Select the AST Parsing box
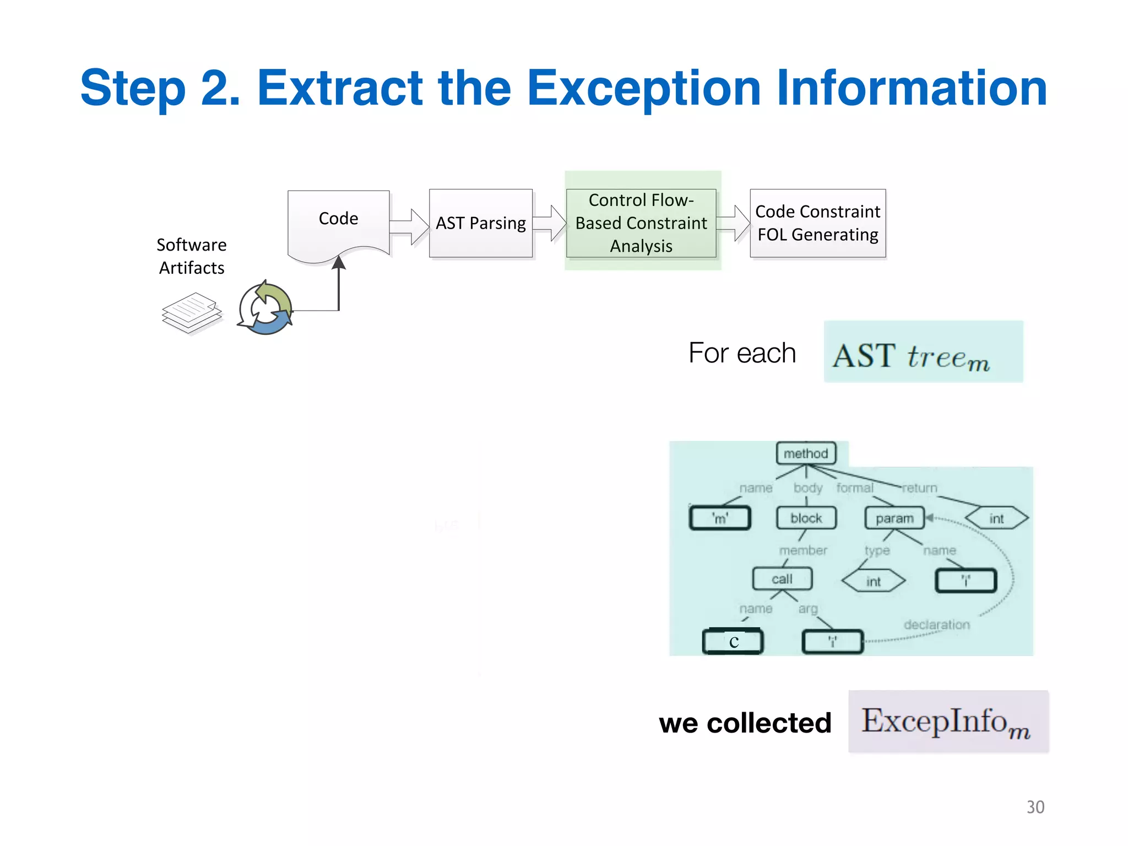click(x=480, y=223)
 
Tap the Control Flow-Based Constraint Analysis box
click(x=641, y=223)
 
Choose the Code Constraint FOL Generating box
click(x=817, y=223)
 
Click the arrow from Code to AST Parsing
click(x=409, y=226)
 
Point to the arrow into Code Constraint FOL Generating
click(x=734, y=224)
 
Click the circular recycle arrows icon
click(x=265, y=308)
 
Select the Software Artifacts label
click(x=191, y=256)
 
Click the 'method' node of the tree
click(x=806, y=453)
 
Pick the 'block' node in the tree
click(x=806, y=518)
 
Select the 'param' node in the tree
click(x=894, y=518)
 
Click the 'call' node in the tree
click(x=782, y=579)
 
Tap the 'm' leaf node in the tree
click(x=720, y=518)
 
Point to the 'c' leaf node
click(x=733, y=642)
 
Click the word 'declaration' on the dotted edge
click(x=936, y=625)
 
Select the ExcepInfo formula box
click(x=948, y=722)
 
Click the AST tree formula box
click(x=923, y=352)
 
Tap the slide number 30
click(x=1035, y=807)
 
